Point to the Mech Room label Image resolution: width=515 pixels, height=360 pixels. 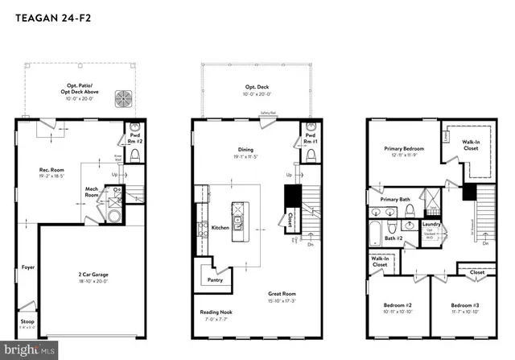[93, 192]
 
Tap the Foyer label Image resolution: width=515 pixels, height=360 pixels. [28, 267]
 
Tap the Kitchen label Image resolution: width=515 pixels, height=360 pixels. [220, 228]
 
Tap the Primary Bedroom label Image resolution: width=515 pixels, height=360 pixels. [403, 151]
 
